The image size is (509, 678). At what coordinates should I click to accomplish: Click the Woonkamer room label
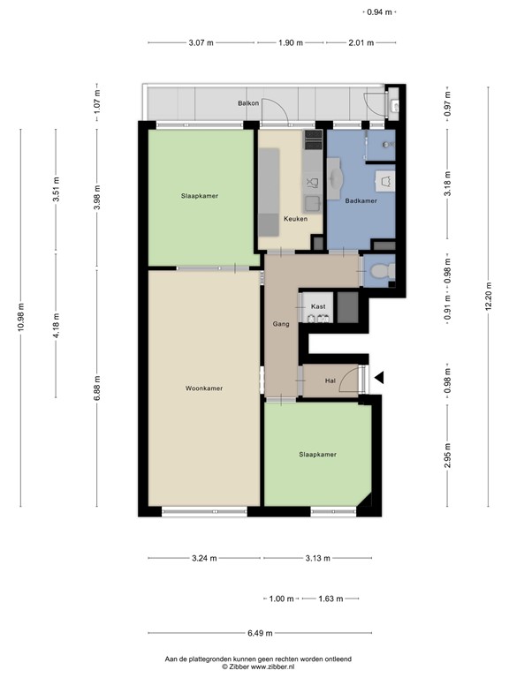pos(203,388)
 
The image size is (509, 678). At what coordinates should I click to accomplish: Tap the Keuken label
pos(295,219)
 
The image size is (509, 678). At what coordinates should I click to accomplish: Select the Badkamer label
pos(361,201)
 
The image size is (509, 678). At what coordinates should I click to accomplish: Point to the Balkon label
pos(247,104)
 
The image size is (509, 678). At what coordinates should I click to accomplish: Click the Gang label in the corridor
pos(281,325)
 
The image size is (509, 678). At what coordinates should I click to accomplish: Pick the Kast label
pos(318,306)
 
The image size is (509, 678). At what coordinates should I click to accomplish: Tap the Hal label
pos(330,380)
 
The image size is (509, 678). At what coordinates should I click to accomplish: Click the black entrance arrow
pos(379,378)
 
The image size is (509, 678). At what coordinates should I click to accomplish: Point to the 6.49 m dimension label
pos(260,633)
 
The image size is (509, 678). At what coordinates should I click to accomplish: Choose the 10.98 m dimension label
pos(20,315)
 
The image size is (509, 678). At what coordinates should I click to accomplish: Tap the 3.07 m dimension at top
pos(201,42)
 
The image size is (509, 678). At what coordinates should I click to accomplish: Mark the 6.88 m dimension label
pos(97,388)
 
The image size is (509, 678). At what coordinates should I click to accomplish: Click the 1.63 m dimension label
pos(329,599)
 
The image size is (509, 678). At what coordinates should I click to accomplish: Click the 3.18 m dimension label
pos(447,188)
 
